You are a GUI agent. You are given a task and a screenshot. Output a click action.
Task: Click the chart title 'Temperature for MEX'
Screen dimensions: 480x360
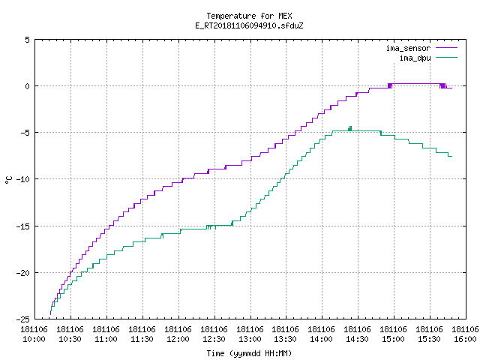coord(249,16)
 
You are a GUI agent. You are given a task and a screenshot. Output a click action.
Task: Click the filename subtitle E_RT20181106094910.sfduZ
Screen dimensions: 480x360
coord(249,25)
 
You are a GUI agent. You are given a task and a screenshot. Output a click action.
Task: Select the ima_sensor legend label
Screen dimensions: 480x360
coord(408,48)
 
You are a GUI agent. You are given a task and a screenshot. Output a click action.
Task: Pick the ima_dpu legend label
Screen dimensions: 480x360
coord(415,58)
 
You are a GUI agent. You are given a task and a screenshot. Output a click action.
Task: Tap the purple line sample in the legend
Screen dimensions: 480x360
coord(446,48)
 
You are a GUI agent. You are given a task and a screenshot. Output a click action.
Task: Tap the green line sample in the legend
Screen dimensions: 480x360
coord(446,57)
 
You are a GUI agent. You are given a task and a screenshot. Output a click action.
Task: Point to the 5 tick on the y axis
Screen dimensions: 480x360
coord(28,40)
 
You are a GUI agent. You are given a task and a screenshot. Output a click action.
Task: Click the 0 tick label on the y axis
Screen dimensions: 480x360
coord(28,86)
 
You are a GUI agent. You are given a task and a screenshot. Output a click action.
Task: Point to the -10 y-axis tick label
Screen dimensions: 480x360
coord(23,179)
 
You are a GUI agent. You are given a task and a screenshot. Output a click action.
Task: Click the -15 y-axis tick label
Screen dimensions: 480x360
coord(23,226)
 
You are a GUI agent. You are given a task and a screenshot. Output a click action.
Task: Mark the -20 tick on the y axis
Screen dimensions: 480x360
coord(23,273)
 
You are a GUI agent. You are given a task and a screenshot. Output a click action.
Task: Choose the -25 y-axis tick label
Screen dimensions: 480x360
coord(23,319)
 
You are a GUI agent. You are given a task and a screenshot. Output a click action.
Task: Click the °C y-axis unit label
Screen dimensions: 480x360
coord(8,180)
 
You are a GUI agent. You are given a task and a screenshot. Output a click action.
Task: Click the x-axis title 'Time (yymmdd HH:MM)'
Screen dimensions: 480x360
coord(249,353)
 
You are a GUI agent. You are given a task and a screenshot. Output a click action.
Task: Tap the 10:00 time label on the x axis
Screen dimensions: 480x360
coord(34,339)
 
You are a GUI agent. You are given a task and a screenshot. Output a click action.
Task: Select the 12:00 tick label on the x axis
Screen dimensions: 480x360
coord(178,339)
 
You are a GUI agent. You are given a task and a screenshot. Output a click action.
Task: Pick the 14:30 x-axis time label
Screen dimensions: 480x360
coord(358,339)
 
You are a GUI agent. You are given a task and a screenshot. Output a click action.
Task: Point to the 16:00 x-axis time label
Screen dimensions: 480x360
coord(465,339)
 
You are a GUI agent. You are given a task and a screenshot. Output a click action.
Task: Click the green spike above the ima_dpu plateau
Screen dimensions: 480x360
coord(350,128)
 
